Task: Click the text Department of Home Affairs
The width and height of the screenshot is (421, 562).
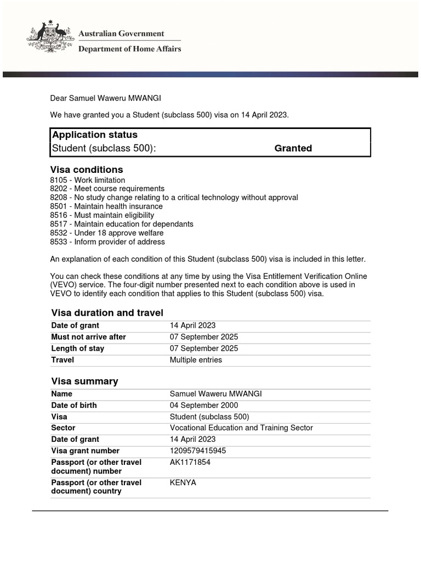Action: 130,49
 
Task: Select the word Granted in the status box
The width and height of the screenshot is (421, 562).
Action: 293,148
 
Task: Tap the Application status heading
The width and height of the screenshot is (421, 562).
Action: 94,134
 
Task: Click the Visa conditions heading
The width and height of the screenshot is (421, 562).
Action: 87,170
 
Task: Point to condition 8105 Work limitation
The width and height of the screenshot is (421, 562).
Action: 88,180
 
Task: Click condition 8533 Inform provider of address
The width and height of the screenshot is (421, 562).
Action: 107,241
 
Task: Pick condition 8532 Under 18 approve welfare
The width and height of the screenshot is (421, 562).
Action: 107,233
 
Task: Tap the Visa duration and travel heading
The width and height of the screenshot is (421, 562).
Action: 107,313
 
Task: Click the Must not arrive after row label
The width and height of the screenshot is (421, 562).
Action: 88,337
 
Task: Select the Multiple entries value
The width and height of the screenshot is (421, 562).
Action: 196,360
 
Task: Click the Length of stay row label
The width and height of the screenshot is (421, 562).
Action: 77,349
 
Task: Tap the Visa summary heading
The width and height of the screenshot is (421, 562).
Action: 84,381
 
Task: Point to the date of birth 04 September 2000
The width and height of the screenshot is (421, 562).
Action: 204,406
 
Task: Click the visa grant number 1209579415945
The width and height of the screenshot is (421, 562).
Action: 198,451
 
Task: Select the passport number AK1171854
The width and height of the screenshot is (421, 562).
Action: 190,462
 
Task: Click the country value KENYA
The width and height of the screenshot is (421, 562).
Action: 183,482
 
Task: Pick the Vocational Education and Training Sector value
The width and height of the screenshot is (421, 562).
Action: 241,428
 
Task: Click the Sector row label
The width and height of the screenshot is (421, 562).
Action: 63,428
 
